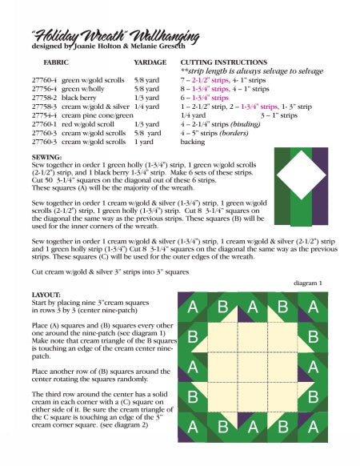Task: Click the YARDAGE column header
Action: click(x=150, y=62)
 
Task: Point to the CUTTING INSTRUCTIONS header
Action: click(x=223, y=62)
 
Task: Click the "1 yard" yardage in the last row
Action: click(x=145, y=142)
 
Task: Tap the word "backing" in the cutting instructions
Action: click(x=193, y=142)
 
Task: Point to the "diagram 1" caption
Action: click(x=308, y=283)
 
